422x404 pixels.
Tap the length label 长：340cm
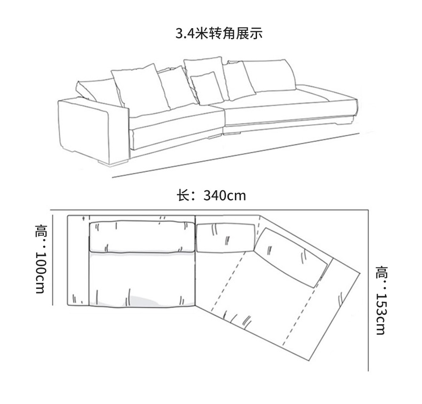tap(211, 195)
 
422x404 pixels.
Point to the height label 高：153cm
tap(381, 300)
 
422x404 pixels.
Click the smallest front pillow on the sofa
tap(207, 88)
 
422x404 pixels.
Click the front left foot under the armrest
tap(113, 163)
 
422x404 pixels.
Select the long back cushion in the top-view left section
tap(142, 237)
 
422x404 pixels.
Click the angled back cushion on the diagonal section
tap(292, 256)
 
